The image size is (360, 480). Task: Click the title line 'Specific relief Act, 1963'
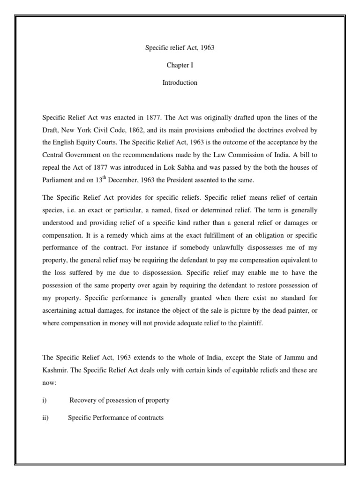[180, 48]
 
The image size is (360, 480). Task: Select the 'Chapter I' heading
[180, 66]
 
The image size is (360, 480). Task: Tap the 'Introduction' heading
[180, 83]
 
